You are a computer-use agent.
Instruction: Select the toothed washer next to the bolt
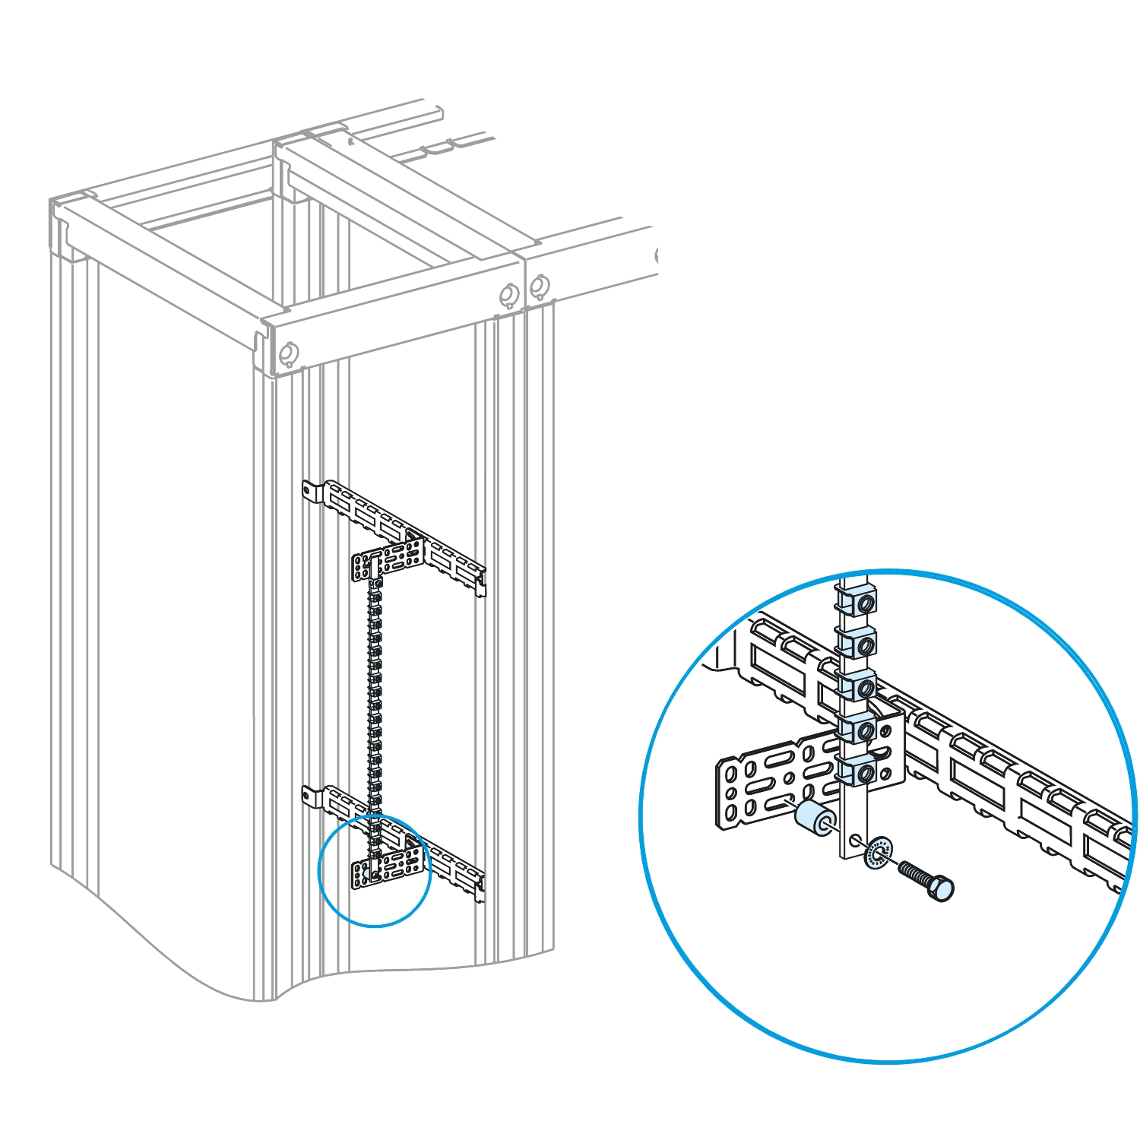pyautogui.click(x=879, y=852)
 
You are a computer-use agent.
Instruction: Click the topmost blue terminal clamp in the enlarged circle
pyautogui.click(x=857, y=603)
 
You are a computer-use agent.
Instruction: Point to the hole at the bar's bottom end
pyautogui.click(x=856, y=841)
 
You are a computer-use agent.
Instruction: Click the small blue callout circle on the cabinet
pyautogui.click(x=375, y=870)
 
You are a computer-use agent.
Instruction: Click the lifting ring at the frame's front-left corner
pyautogui.click(x=288, y=354)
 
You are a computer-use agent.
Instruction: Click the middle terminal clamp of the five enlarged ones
pyautogui.click(x=857, y=688)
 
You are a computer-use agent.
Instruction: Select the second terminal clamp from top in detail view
pyautogui.click(x=857, y=645)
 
